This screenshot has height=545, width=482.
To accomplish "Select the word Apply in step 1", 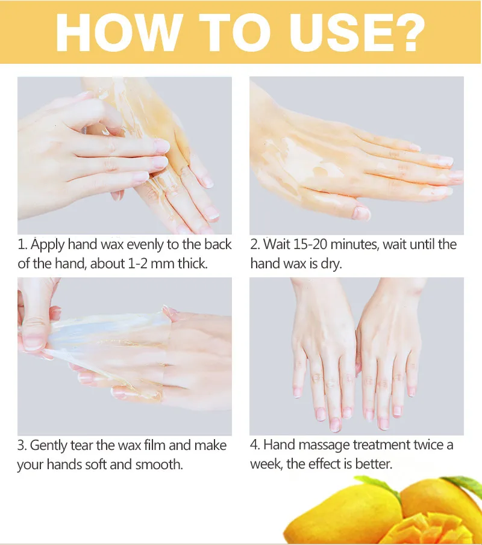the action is point(48,245).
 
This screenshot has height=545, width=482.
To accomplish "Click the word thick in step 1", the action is point(192,264).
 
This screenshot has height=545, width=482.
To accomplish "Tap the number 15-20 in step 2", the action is point(310,244).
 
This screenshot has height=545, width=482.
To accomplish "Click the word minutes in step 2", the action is point(354,245).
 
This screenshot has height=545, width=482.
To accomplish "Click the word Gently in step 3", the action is point(48,446).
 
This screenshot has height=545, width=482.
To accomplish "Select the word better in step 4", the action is point(373,464).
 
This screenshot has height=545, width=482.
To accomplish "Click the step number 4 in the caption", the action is point(254,445).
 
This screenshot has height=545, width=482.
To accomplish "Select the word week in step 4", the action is point(266,464).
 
